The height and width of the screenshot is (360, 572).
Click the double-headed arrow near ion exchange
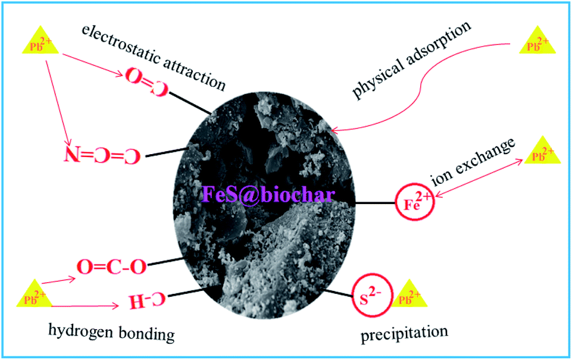(x=481, y=176)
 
